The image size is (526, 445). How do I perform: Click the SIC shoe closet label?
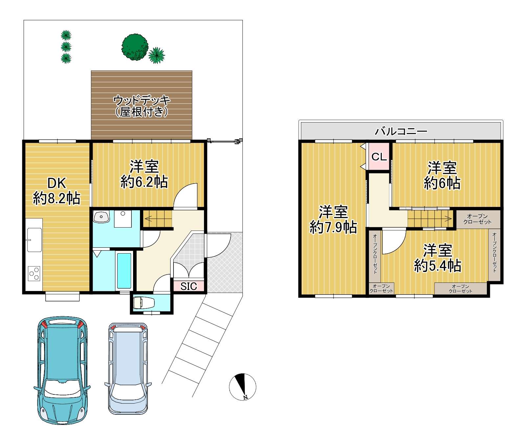(189, 286)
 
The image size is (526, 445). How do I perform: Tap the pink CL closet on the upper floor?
(379, 156)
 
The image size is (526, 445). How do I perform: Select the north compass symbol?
(242, 387)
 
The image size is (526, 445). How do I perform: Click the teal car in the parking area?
(62, 370)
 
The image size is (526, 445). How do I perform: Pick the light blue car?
(128, 368)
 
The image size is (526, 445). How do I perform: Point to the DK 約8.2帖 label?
(57, 191)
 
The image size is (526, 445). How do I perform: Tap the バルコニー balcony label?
(401, 131)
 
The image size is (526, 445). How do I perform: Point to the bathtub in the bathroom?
(124, 271)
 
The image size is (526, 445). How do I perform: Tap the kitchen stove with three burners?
(34, 274)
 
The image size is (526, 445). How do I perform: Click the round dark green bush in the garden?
(135, 47)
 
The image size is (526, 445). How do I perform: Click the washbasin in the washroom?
(101, 216)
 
